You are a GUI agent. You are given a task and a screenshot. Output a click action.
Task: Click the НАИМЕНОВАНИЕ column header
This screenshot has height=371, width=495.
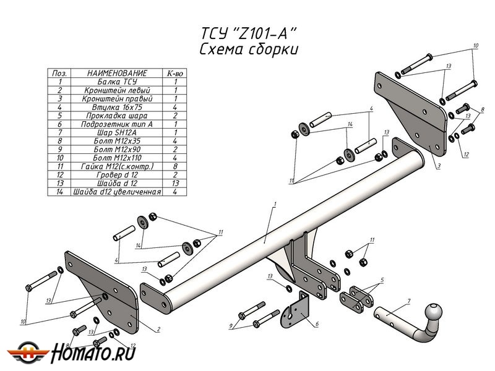pyautogui.click(x=117, y=73)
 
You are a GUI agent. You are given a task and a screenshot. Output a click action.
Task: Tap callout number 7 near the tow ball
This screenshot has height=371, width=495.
pyautogui.click(x=408, y=301)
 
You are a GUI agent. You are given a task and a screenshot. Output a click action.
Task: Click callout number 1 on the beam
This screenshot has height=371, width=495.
pyautogui.click(x=273, y=204)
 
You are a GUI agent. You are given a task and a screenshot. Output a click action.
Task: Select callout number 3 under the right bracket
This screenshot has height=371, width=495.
pyautogui.click(x=437, y=166)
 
